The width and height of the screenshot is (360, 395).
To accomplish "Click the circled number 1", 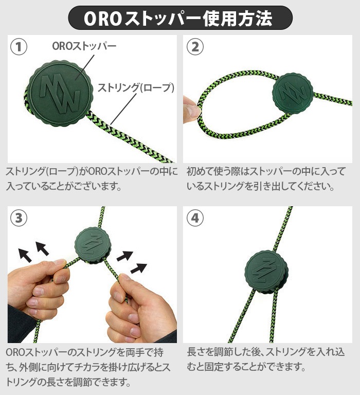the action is pyautogui.click(x=19, y=47).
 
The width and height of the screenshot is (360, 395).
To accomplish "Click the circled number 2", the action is pyautogui.click(x=195, y=47).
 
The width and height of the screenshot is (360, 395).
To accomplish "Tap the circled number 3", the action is pyautogui.click(x=19, y=218).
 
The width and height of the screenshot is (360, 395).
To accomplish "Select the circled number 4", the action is pyautogui.click(x=195, y=218).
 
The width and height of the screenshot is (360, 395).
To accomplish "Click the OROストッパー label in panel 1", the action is pyautogui.click(x=84, y=46).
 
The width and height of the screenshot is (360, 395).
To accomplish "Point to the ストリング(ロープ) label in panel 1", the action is pyautogui.click(x=136, y=87).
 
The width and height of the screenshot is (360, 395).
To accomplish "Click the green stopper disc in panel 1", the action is pyautogui.click(x=60, y=93).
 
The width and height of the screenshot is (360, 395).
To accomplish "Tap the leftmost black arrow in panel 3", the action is pyautogui.click(x=25, y=255).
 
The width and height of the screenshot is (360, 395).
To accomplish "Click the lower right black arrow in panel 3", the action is pyautogui.click(x=138, y=268).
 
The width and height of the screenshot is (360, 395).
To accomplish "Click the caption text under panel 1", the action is pyautogui.click(x=92, y=179).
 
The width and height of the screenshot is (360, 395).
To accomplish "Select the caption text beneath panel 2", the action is pyautogui.click(x=266, y=179).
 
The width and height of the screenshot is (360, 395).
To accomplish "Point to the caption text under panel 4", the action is pyautogui.click(x=266, y=359).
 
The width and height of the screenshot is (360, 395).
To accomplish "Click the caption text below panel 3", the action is pyautogui.click(x=88, y=367).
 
